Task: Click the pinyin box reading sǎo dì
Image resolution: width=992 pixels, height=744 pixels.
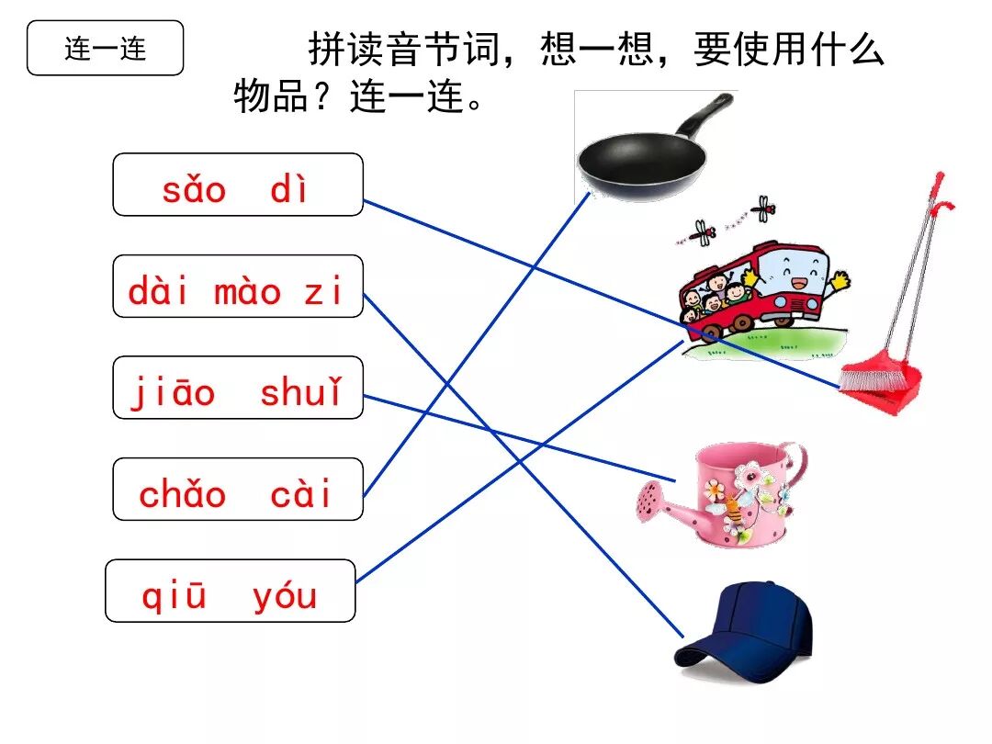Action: [237, 185]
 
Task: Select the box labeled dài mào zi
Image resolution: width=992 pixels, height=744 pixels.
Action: [237, 287]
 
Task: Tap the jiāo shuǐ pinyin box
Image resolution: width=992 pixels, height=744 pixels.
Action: [237, 388]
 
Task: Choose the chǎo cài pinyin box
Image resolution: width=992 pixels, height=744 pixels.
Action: [237, 490]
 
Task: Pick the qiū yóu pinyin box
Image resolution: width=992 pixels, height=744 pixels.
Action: [230, 591]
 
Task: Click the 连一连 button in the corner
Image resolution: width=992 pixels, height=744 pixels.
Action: [105, 48]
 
